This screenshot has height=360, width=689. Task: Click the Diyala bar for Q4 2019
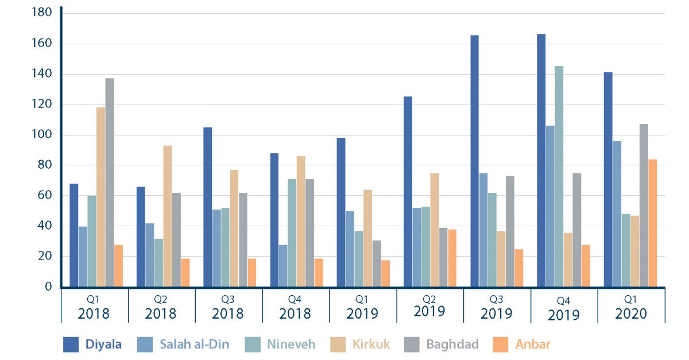click(541, 161)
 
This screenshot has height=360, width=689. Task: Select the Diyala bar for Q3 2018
click(207, 207)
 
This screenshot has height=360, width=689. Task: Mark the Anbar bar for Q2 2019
click(452, 258)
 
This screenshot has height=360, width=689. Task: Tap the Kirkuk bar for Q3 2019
click(501, 258)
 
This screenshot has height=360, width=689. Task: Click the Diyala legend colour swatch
click(71, 344)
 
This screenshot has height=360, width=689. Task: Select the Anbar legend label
click(533, 344)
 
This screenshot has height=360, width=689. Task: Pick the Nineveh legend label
click(291, 344)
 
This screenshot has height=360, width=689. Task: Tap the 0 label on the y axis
click(49, 287)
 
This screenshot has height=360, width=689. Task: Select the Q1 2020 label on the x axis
click(630, 308)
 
